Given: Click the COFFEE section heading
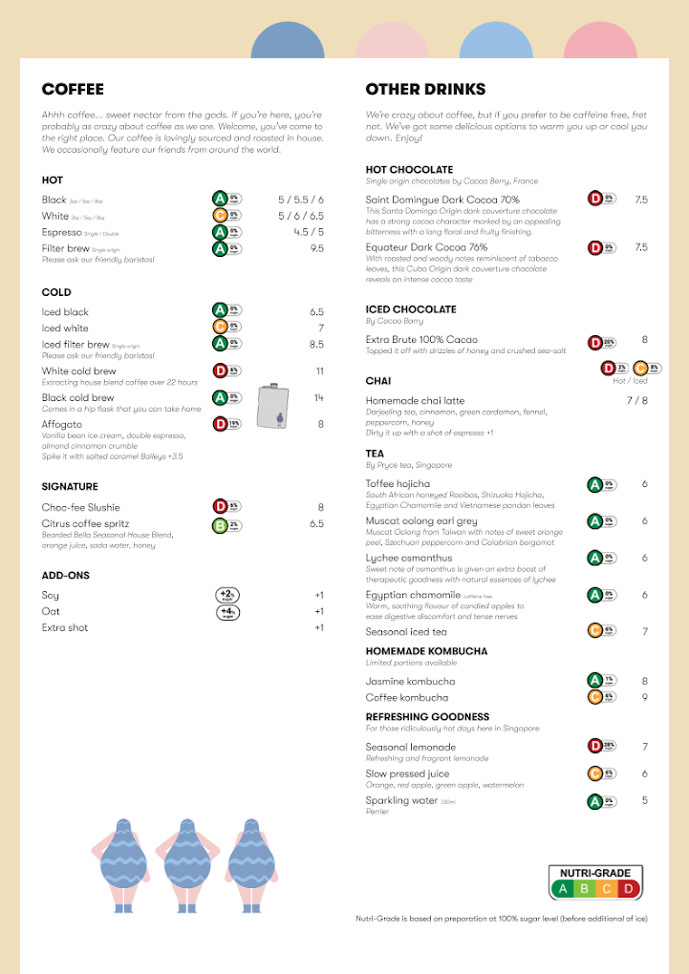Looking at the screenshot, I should (73, 90).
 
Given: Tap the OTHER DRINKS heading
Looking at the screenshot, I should (425, 90).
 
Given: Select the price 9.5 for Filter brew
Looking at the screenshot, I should (316, 248).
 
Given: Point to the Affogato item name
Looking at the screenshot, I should (62, 424).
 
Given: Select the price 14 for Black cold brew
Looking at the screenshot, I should (319, 397).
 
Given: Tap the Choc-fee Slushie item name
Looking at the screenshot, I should (81, 507).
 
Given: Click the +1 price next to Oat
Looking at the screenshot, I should (319, 611).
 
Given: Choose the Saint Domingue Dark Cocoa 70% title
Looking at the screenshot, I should (442, 200).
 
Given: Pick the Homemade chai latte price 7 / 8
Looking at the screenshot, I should (636, 400).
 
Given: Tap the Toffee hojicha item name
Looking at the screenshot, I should (398, 484).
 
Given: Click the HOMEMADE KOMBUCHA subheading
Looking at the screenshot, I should (426, 651).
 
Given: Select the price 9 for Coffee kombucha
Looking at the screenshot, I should (645, 697).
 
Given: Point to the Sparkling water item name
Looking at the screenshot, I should (401, 800).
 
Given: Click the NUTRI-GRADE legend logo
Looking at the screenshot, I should (595, 883).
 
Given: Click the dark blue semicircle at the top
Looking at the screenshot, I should (288, 42).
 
